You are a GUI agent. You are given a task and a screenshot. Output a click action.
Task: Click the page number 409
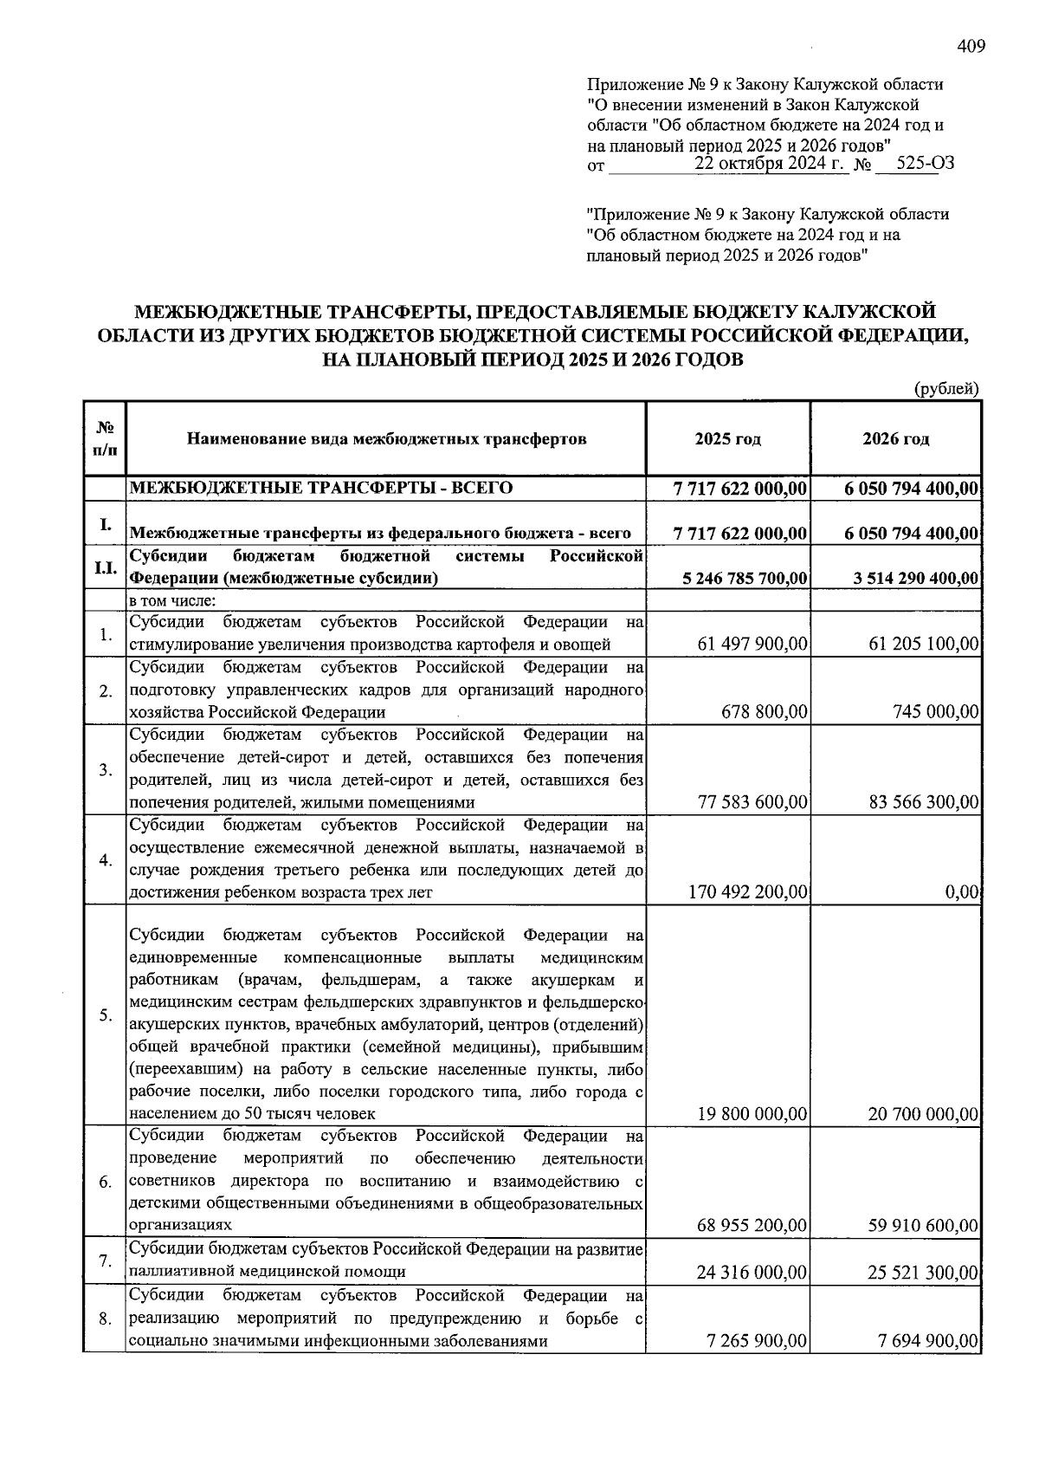[x=971, y=47]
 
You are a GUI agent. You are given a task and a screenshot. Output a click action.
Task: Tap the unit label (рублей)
[x=947, y=389]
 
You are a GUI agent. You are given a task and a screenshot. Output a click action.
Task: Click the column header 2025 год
[x=727, y=439]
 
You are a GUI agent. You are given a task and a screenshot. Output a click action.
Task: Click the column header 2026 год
[x=895, y=439]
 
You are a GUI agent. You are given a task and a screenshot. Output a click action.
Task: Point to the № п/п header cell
[x=105, y=439]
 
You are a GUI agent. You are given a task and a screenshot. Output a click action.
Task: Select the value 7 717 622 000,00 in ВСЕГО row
[x=740, y=489]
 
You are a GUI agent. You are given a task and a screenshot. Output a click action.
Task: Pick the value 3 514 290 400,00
[x=915, y=578]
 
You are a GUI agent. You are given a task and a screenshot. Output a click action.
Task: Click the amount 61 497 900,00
[x=752, y=644]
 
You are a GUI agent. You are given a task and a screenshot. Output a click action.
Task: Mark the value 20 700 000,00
[x=923, y=1114]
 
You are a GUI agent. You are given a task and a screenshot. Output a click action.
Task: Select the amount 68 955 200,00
[x=752, y=1226]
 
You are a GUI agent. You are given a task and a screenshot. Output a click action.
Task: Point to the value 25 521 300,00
[x=923, y=1273]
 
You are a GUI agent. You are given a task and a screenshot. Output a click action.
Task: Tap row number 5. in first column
[x=105, y=1015]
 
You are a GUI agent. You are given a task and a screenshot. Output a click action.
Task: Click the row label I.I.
[x=105, y=568]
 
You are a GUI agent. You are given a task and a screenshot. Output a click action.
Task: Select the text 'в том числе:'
[x=173, y=601]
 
